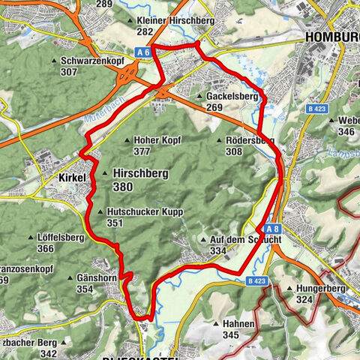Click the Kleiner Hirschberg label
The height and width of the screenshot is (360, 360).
(x=178, y=20)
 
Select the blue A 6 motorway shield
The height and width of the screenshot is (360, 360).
(x=144, y=51)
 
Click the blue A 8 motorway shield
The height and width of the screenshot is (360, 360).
(x=271, y=229)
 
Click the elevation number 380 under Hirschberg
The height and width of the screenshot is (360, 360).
(x=126, y=187)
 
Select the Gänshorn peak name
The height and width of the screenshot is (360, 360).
(x=100, y=278)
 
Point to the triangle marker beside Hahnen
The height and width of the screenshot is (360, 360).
(x=216, y=323)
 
